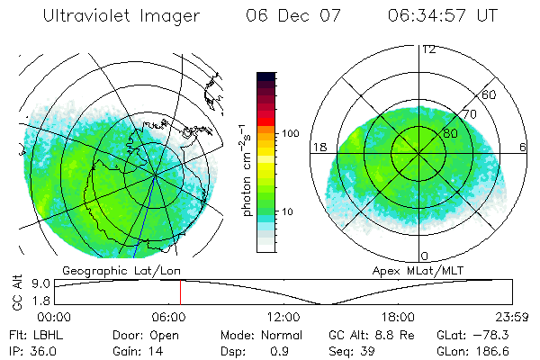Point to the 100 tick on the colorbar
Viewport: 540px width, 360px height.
coord(290,132)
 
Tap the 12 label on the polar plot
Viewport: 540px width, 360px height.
coord(428,49)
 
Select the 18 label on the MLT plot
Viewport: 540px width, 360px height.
coord(318,147)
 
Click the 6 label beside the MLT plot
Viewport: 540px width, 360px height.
coord(523,147)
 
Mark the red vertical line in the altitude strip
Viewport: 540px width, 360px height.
coord(180,292)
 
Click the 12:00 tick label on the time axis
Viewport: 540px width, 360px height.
coord(283,318)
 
